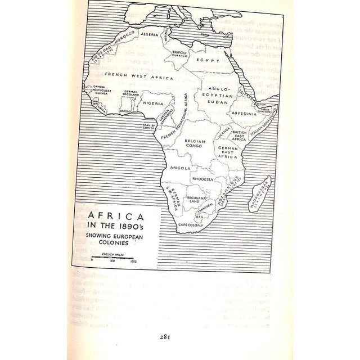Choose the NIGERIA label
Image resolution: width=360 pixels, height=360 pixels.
[154, 103]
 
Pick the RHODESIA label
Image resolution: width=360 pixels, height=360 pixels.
[202, 178]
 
